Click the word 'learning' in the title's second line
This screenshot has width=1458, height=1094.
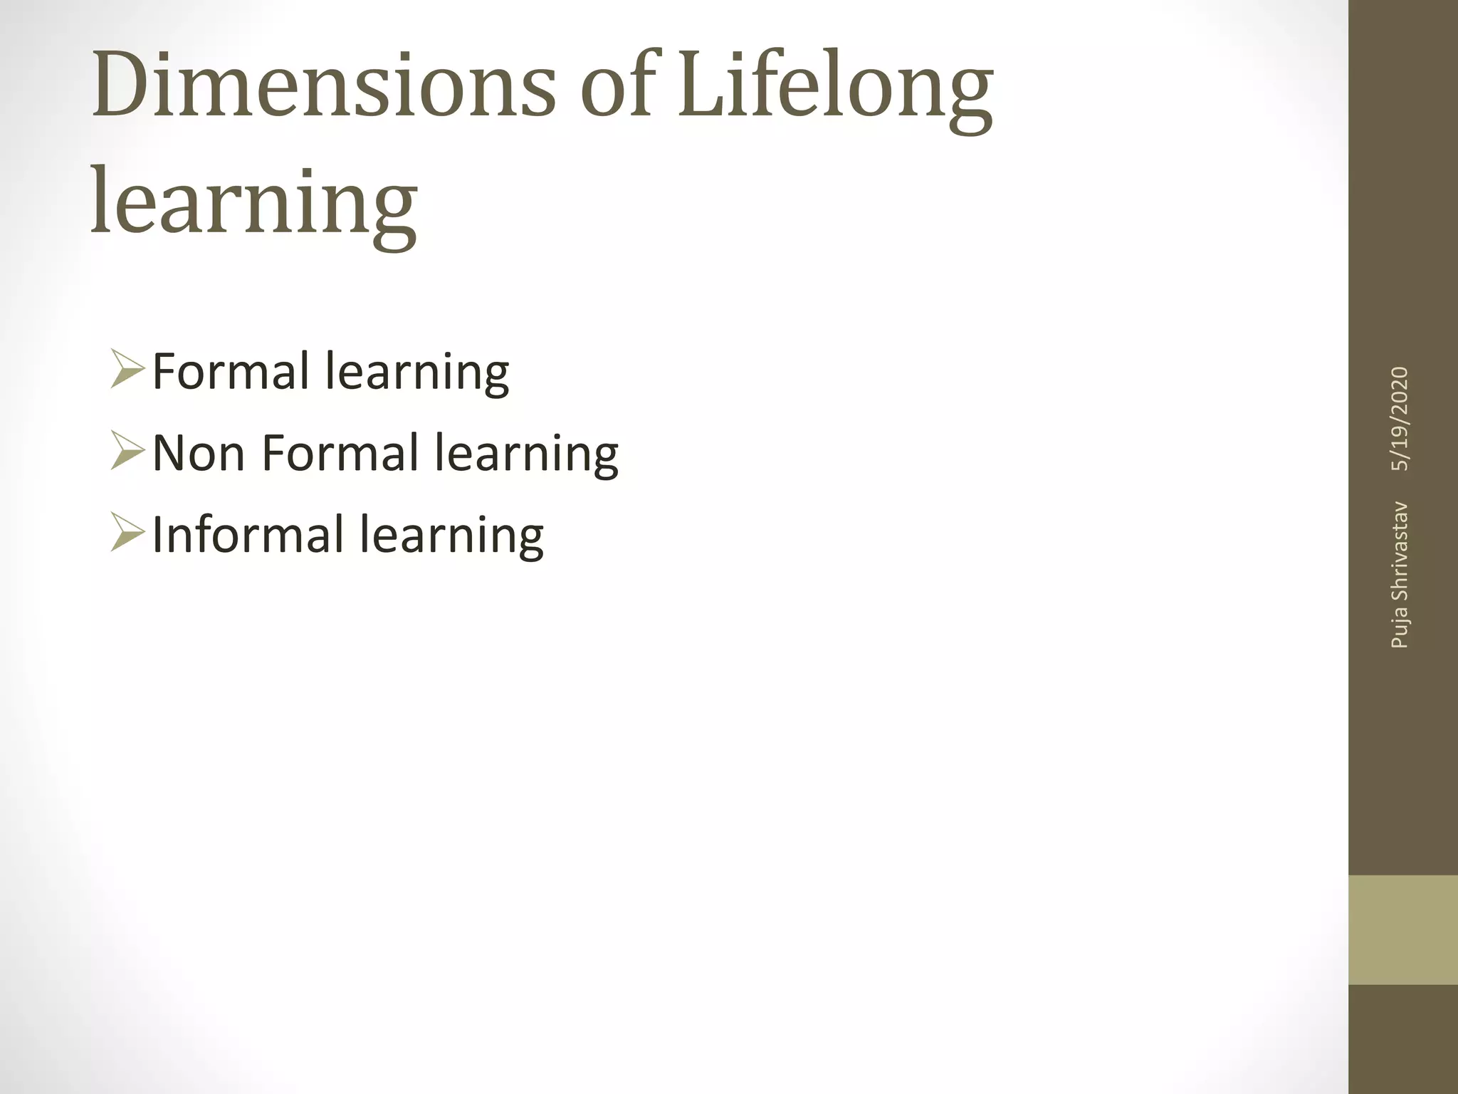pos(254,203)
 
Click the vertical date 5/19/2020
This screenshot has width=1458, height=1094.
pos(1400,419)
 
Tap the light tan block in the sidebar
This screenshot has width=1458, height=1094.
pos(1402,930)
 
